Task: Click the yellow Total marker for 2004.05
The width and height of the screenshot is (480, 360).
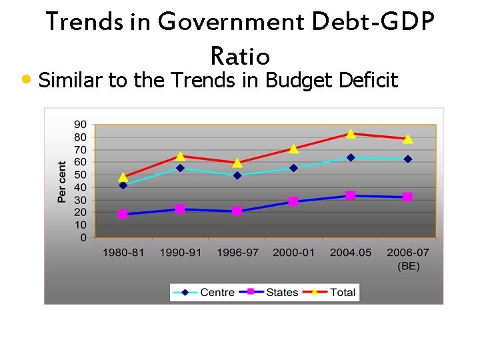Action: (351, 134)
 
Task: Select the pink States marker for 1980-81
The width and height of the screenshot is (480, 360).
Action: (123, 214)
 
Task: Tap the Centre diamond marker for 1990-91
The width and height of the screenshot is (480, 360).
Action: (180, 168)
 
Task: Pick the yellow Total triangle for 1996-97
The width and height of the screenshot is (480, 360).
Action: (237, 163)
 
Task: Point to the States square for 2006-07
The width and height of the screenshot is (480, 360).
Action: (407, 197)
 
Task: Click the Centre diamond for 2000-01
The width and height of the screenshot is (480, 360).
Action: (293, 168)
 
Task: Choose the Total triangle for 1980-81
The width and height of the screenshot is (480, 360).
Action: (123, 177)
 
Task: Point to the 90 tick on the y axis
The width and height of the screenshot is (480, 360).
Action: (80, 124)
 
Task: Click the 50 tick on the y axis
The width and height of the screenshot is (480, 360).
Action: (80, 175)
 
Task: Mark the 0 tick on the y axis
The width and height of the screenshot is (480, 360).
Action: (83, 238)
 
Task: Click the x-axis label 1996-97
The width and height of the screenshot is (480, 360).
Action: (237, 253)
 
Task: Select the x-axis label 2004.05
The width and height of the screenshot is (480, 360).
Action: (351, 253)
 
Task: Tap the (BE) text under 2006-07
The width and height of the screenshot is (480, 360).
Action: (408, 266)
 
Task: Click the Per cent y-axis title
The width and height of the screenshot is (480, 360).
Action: (62, 181)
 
